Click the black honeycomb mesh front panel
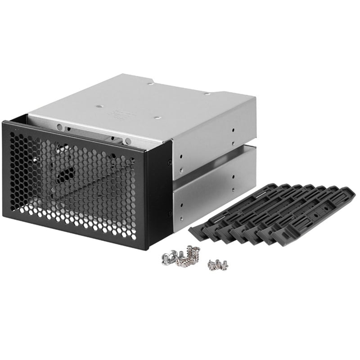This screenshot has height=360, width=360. (x=72, y=184)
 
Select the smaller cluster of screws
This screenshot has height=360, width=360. (x=218, y=265)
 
